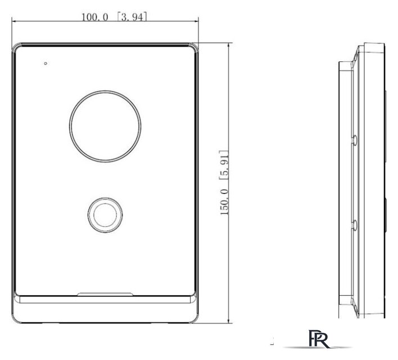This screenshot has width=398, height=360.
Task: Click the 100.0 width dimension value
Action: coord(94,17)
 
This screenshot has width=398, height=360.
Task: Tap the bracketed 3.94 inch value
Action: coord(132,17)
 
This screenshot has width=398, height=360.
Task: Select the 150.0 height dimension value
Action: coord(224,202)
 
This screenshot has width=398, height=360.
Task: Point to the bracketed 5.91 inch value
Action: coord(224,165)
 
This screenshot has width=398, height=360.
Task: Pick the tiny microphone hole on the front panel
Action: coord(46,63)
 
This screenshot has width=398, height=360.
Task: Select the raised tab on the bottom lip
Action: coord(105,294)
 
